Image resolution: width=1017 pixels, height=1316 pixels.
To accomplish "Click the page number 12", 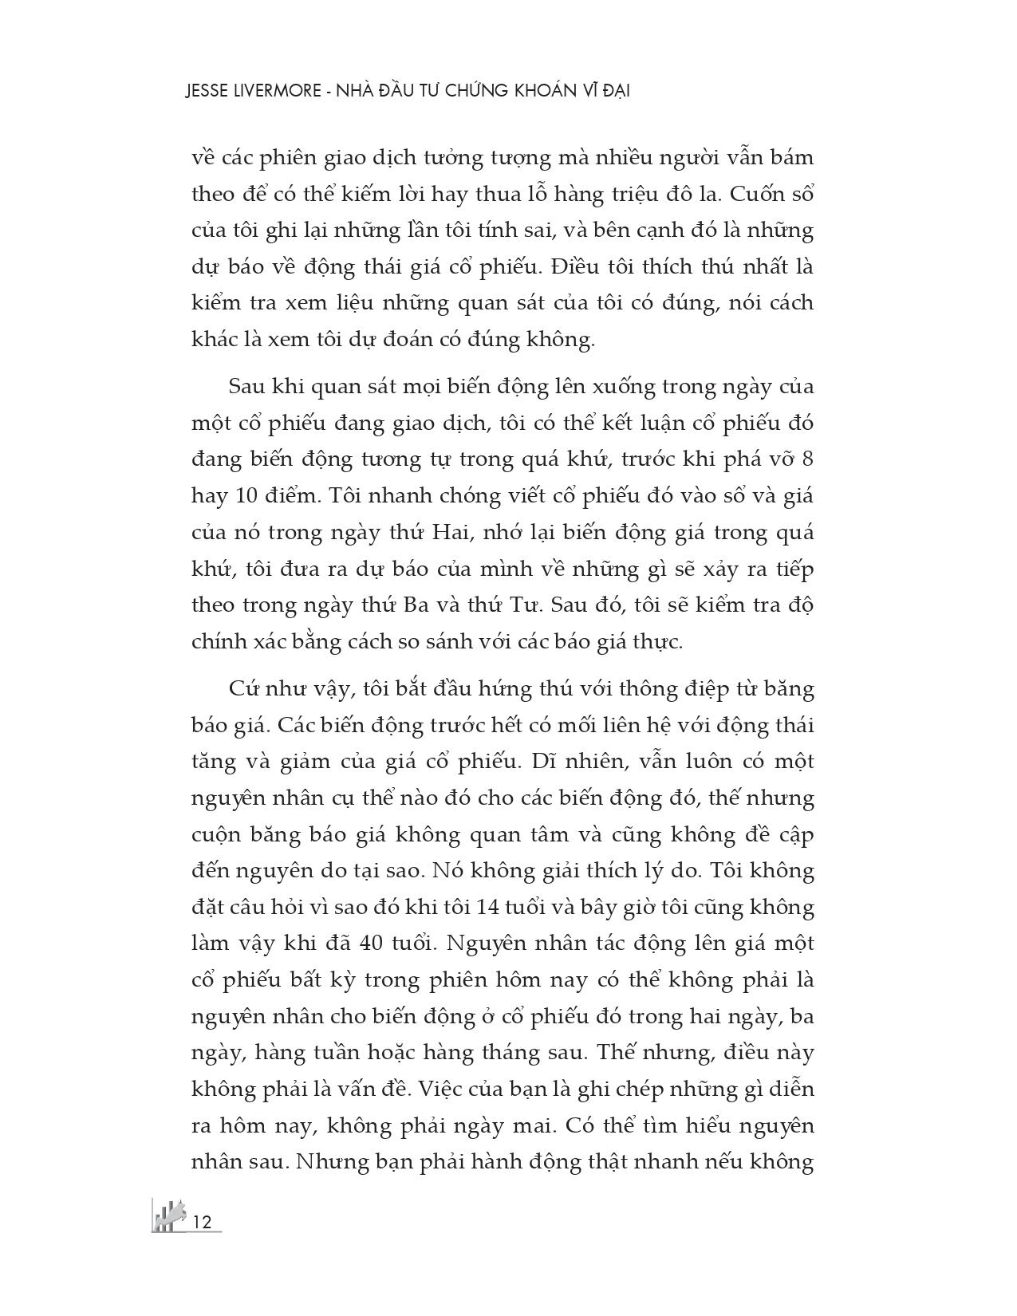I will pyautogui.click(x=202, y=1221).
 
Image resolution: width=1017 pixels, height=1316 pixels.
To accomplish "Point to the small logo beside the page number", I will pyautogui.click(x=168, y=1216).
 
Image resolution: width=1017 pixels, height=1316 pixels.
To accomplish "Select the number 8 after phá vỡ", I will pyautogui.click(x=806, y=459).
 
